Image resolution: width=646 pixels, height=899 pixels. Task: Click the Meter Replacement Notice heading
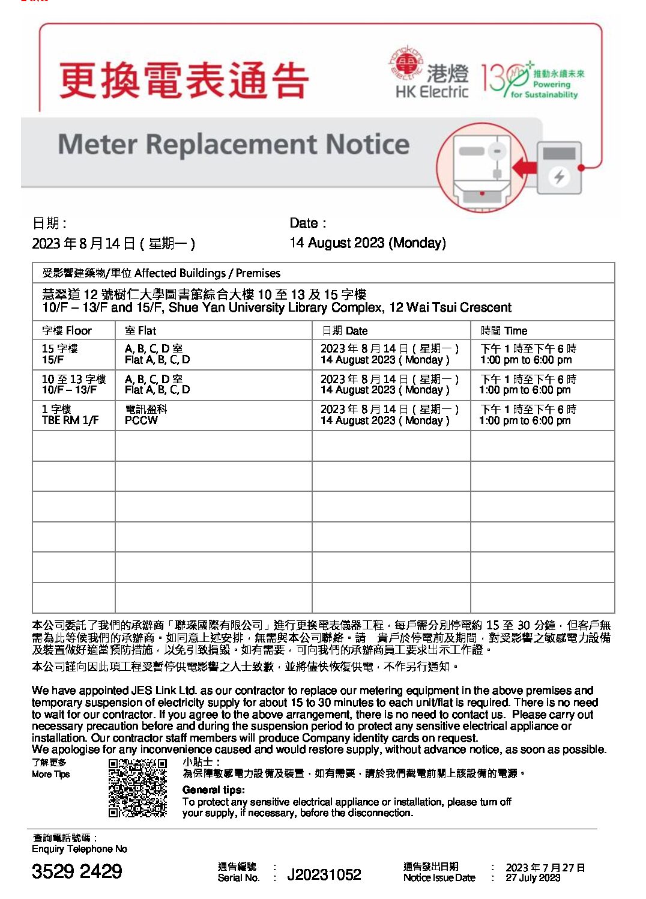point(234,145)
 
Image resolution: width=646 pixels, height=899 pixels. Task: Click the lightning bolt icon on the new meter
point(559,177)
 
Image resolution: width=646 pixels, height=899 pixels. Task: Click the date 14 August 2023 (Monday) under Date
point(367,243)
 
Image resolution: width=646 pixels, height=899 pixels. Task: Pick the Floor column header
point(67,330)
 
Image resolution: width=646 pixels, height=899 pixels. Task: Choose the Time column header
point(504,330)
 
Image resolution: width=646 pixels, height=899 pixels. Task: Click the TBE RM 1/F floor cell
point(70,415)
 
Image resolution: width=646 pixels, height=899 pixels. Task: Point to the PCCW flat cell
point(142,420)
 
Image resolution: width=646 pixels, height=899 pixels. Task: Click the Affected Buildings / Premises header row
point(161,273)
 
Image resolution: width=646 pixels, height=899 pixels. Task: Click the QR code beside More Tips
point(137,788)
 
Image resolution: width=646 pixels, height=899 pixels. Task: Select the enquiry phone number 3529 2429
point(77,871)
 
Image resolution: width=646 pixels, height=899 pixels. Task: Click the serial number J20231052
point(324,874)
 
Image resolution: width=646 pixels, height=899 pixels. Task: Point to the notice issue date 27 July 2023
point(533,877)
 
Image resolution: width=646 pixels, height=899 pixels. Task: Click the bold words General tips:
point(213,790)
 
